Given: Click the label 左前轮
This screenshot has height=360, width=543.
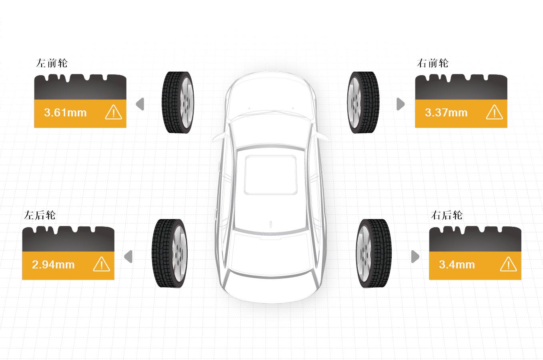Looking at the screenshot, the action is coord(52,63).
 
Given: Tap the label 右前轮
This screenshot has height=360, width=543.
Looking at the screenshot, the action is coord(433,63).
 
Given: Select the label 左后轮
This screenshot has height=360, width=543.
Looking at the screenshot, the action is coord(40,215).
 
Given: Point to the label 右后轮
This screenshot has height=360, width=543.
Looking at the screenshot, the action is coord(447,215).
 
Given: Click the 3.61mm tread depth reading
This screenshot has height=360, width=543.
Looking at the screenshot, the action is coord(65,113).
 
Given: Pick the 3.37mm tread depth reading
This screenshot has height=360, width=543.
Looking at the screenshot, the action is coord(446,113).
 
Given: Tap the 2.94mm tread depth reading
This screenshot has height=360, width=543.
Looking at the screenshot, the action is coord(53,264).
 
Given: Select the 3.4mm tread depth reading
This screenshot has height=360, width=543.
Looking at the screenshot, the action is coord(457,264).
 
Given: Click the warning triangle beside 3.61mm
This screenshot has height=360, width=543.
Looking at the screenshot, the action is coord(114,112).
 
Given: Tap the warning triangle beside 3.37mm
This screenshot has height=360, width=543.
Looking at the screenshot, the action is coord(495,112).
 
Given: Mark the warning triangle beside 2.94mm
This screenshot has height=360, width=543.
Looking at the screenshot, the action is coord(102,264).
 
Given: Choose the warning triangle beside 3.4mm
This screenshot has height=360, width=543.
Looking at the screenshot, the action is coord(509,264).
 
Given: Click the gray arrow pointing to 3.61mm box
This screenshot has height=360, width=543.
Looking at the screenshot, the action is coord(140,104).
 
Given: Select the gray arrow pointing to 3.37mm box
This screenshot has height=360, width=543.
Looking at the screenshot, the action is coord(401,104).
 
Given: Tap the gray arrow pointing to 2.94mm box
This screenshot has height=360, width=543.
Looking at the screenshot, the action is coord(128,256).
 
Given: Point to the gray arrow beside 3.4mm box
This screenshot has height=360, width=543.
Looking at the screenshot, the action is coord(415,256).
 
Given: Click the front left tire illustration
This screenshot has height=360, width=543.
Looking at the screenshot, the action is coord(178,102).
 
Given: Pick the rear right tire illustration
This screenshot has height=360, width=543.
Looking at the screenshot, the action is coord(374,254).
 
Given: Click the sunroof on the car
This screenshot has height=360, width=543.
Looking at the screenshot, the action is coord(270,175).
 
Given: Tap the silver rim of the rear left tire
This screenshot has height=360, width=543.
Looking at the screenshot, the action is coord(180,254).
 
